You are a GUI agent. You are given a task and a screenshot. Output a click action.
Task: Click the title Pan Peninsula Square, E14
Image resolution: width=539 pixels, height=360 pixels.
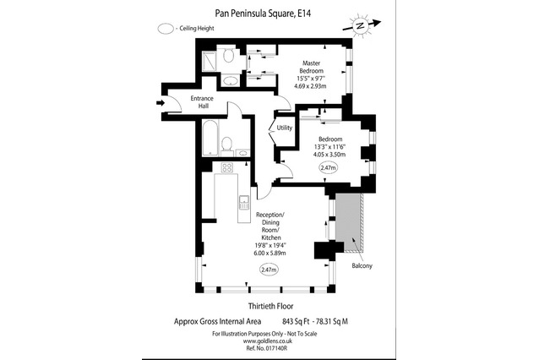[263, 14]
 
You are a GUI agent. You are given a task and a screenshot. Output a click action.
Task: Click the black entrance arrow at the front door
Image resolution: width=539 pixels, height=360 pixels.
[161, 102]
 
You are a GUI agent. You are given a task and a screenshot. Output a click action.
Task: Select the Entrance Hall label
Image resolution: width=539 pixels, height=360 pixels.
[202, 102]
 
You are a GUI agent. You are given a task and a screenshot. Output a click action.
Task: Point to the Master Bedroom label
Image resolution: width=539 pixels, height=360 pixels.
[311, 67]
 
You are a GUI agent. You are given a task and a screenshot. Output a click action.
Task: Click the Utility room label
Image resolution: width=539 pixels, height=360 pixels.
[285, 128]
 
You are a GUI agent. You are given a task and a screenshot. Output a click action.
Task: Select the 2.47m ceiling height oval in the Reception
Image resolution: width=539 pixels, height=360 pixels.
[269, 270]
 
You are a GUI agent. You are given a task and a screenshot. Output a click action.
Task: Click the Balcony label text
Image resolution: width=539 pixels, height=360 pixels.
[362, 266]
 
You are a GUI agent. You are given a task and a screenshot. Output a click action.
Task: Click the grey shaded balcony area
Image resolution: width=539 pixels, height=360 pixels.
[348, 222]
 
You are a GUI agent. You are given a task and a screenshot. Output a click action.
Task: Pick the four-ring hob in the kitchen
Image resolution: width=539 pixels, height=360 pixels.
[227, 167]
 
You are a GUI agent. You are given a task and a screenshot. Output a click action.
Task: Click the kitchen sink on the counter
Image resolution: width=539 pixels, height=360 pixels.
[243, 202]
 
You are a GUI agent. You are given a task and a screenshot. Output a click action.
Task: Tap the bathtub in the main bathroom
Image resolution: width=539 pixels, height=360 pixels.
[210, 138]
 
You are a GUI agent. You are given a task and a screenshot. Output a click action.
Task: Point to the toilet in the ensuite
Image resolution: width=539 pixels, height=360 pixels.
[228, 56]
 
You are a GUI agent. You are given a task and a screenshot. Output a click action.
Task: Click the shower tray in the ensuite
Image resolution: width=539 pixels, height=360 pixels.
[209, 61]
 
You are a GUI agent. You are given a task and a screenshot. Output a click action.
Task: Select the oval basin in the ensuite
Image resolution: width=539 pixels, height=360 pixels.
[229, 81]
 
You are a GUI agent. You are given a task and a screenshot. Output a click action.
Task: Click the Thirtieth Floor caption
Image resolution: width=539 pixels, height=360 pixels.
[271, 306]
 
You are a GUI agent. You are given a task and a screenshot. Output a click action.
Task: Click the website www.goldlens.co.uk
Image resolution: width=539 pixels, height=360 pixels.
[268, 341]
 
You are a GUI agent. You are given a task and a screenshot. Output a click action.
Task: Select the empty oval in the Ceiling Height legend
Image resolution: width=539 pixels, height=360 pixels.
[166, 29]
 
